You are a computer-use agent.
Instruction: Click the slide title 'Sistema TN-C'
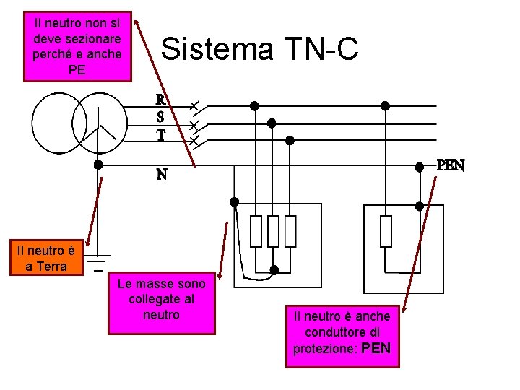[259, 49]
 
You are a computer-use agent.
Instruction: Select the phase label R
[162, 100]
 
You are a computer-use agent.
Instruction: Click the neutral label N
[162, 175]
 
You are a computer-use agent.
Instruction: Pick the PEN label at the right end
[450, 165]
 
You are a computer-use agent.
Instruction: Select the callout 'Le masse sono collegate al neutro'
[162, 303]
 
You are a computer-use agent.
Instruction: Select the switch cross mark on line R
[194, 105]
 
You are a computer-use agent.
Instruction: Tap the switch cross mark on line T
[194, 139]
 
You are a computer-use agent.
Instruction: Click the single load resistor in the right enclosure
[386, 231]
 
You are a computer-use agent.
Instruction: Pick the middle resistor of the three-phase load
[273, 231]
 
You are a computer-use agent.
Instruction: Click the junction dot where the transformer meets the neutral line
[98, 165]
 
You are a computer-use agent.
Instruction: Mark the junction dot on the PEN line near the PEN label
[419, 167]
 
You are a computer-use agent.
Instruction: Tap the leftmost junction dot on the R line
[254, 105]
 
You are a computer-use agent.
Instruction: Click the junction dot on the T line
[290, 139]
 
